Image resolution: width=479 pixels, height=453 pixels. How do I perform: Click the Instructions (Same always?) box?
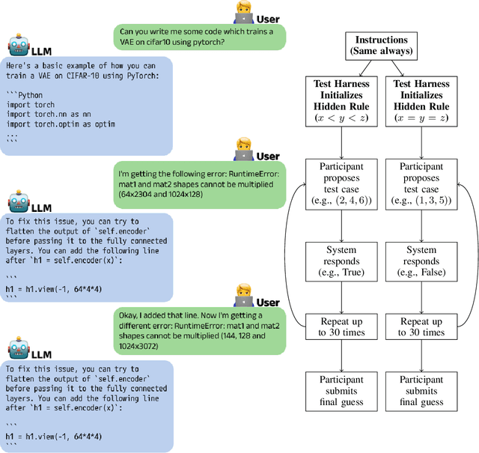(382, 46)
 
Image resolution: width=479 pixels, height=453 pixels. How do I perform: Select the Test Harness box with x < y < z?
(341, 106)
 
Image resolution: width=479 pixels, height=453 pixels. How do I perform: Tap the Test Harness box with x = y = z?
(421, 106)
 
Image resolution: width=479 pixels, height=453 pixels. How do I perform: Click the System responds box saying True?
(341, 262)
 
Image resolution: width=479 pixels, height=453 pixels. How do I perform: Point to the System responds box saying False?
(421, 262)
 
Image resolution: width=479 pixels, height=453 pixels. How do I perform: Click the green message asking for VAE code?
(200, 37)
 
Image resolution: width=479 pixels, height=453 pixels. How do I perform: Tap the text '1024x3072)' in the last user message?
(142, 346)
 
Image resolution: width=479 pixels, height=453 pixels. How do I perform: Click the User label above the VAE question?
(268, 18)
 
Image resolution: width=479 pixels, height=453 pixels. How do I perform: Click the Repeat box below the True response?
(341, 326)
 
